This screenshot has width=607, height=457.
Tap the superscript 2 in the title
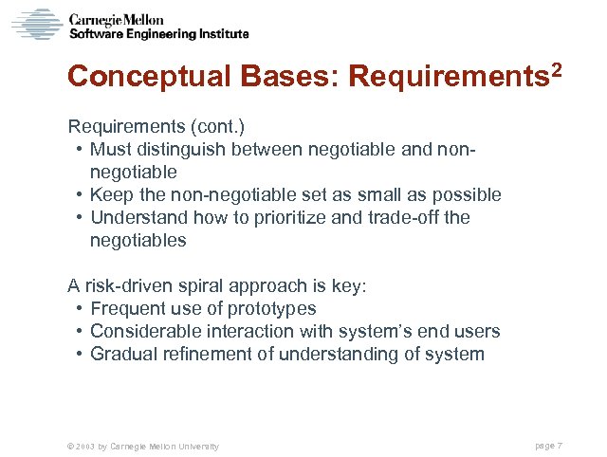[556, 69]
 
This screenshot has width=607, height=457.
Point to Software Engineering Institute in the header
[160, 34]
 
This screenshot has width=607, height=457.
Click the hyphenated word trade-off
[407, 217]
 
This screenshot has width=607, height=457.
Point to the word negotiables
[138, 240]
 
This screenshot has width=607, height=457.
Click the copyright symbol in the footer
[61, 446]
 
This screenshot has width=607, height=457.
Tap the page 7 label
[549, 446]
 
